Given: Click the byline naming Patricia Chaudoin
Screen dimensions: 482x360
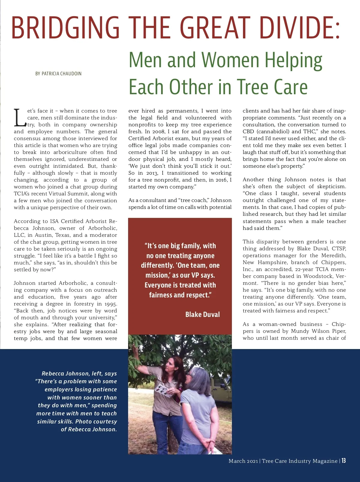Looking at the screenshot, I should click(58, 74).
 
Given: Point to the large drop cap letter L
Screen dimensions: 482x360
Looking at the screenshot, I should click(20, 118).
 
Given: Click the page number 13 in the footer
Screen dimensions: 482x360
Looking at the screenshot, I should click(343, 461).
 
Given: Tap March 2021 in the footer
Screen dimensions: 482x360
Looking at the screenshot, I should click(243, 461).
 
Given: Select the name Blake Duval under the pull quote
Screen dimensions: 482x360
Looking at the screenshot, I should click(202, 315).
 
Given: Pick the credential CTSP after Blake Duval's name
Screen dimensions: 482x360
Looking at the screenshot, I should click(339, 249).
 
